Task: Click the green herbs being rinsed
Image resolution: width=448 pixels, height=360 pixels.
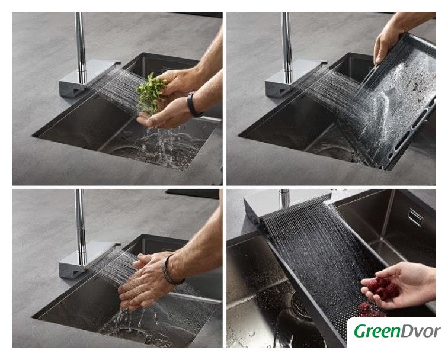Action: pyautogui.click(x=151, y=94)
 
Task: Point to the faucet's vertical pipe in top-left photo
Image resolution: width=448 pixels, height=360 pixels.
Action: pyautogui.click(x=81, y=48)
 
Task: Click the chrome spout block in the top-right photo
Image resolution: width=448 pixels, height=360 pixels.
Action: pyautogui.click(x=295, y=78)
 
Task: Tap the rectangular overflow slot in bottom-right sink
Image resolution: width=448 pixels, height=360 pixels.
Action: pyautogui.click(x=415, y=217)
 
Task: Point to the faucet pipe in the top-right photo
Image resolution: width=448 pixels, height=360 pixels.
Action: pyautogui.click(x=287, y=48)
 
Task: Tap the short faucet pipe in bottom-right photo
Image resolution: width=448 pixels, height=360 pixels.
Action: pyautogui.click(x=284, y=198)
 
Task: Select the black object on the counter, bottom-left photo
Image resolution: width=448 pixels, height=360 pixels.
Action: pyautogui.click(x=192, y=194)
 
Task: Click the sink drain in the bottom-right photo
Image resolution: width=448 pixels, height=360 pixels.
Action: pyautogui.click(x=296, y=304)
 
